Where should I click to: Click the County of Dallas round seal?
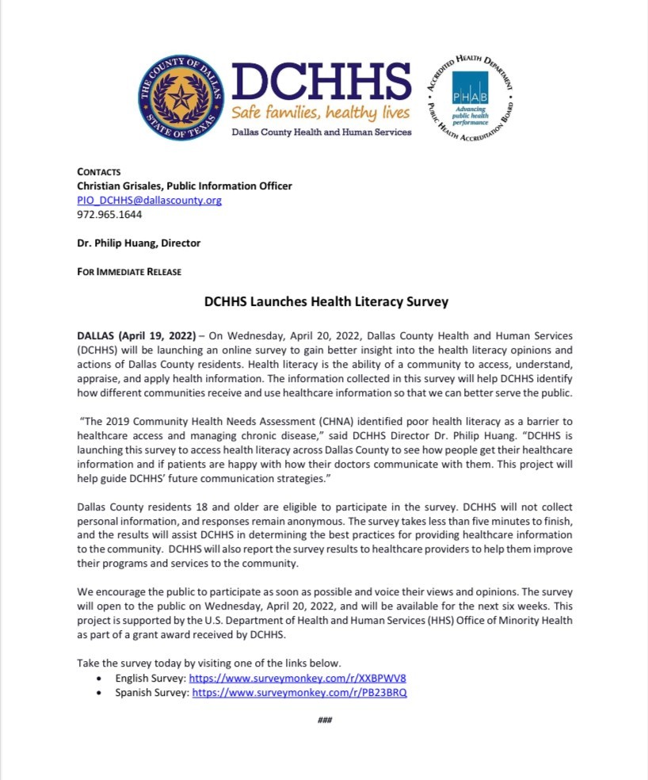(x=181, y=99)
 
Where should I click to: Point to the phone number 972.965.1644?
(x=109, y=215)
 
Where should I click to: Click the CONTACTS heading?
(x=99, y=172)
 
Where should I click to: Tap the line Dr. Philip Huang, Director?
(x=139, y=243)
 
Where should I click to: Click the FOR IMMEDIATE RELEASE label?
(x=129, y=272)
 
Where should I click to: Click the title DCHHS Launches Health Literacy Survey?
(x=326, y=301)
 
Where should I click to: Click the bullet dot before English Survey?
(x=98, y=679)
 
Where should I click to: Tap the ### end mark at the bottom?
(x=324, y=720)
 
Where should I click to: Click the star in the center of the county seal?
(x=181, y=99)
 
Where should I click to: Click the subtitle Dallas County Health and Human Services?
(x=321, y=132)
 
